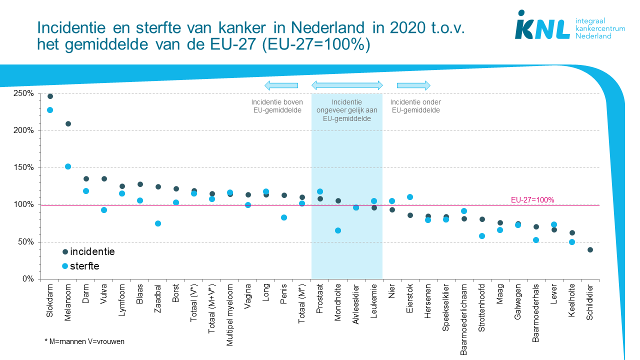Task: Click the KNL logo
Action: coord(542,26)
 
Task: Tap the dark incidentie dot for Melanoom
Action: coord(68,124)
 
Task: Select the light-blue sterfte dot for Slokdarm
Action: coord(50,110)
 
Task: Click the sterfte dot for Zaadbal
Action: coord(158,223)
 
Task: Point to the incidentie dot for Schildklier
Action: coord(590,250)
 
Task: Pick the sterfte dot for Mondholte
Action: coord(338,230)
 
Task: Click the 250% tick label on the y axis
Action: coord(24,93)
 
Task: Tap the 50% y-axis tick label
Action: coord(26,242)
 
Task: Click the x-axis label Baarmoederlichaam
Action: coord(464,320)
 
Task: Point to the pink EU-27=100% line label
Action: coord(532,199)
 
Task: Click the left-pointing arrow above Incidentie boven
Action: coord(280,85)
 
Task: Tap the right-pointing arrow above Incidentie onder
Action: coord(413,85)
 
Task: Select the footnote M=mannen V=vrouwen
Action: coord(84,341)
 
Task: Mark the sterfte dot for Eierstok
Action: coord(410,197)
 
